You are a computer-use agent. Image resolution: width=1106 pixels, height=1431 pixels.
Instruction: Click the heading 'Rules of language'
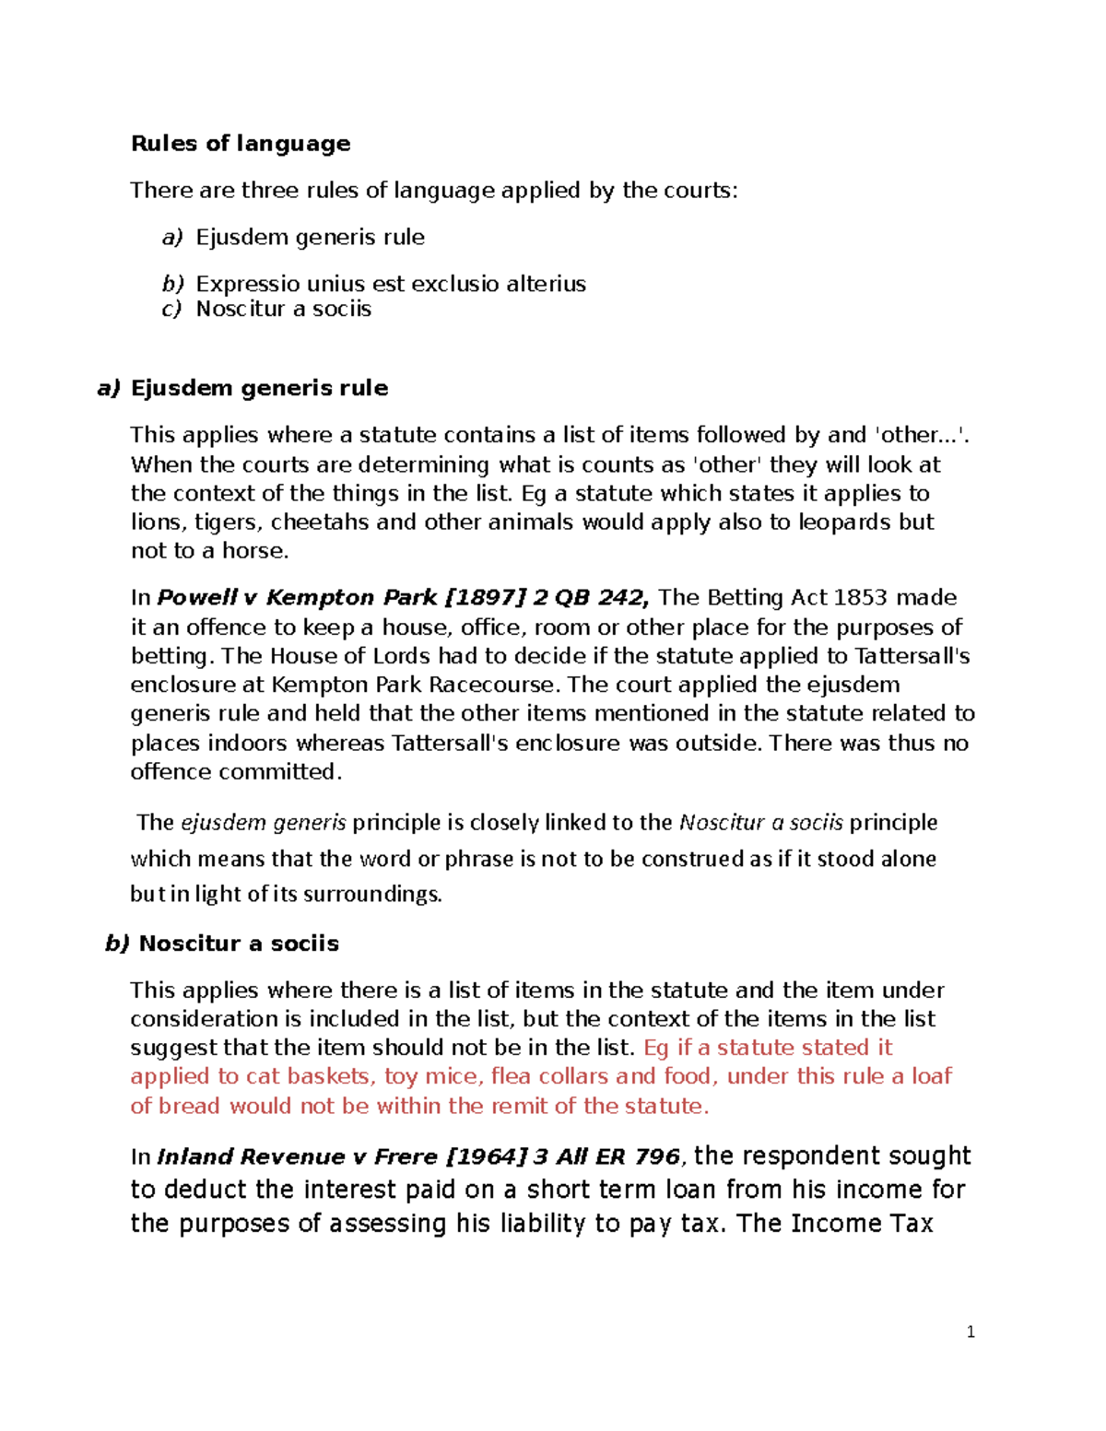(x=241, y=144)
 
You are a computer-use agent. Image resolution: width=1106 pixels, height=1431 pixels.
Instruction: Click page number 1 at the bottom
(x=971, y=1331)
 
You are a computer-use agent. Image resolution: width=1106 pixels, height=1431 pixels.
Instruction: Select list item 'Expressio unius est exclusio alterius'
(x=391, y=284)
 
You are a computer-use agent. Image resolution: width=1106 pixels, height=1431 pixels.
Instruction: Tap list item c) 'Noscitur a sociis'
(x=283, y=309)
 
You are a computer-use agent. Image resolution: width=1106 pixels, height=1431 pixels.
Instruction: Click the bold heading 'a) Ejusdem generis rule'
(x=242, y=388)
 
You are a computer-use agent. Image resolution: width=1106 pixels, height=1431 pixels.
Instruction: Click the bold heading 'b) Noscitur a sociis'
(x=222, y=944)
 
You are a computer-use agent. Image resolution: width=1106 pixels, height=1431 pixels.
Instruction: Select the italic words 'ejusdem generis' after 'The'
(x=264, y=823)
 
